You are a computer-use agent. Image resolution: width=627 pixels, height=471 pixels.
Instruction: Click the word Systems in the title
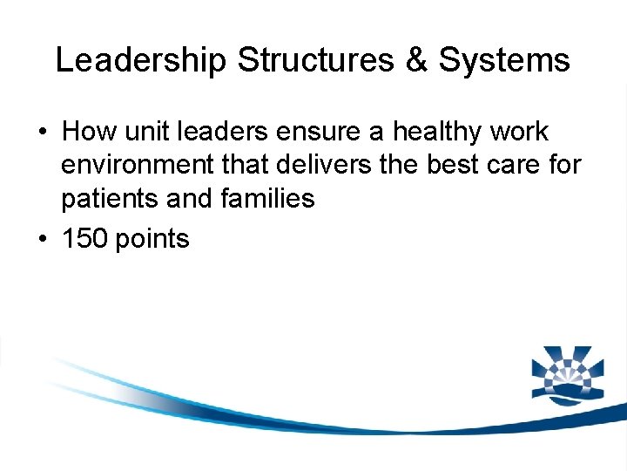coord(504,60)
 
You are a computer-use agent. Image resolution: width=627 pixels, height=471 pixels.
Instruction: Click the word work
coord(520,132)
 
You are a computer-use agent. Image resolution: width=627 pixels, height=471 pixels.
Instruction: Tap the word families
coord(268,199)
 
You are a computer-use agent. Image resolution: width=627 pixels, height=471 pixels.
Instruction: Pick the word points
coord(155,238)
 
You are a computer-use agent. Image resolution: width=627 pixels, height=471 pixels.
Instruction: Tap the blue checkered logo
coord(567,376)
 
